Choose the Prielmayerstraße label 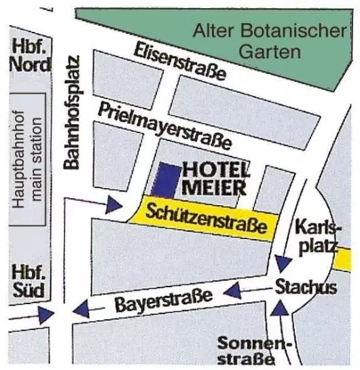coord(164,126)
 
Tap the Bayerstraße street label coord(163,299)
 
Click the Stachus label coord(306,287)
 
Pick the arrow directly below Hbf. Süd coord(46,314)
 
